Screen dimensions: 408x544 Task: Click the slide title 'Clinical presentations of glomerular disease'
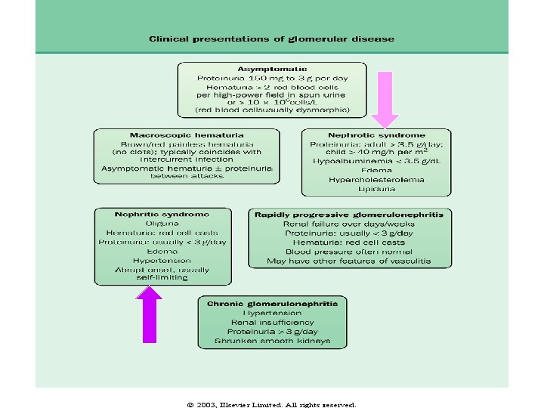(271, 39)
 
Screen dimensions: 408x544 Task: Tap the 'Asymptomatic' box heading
(271, 69)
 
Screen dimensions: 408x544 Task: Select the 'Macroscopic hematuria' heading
(186, 134)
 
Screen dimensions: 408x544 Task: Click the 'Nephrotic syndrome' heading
(376, 134)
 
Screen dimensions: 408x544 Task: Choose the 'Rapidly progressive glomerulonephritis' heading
(349, 215)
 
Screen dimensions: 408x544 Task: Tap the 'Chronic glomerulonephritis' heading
(273, 302)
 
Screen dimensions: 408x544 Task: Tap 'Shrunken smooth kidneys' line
(273, 341)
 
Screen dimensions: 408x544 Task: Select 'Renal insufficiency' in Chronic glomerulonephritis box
(273, 322)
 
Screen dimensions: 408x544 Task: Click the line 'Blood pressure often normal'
(349, 252)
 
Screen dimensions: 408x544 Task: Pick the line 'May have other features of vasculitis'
(349, 261)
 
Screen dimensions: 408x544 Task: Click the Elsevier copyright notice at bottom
(271, 404)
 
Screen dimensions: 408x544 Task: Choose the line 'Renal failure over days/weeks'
(349, 224)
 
